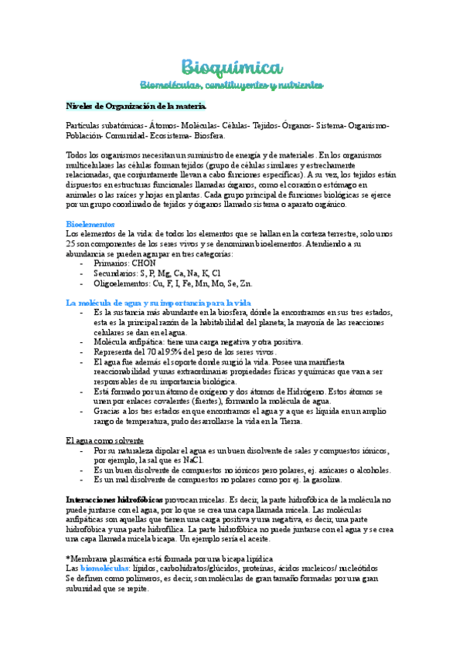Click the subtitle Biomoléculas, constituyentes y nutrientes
point(231,83)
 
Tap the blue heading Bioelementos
point(90,223)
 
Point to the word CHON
point(148,263)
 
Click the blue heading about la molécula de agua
point(164,302)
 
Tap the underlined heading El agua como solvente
point(106,440)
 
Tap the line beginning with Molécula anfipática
point(198,341)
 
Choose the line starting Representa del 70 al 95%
point(184,351)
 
